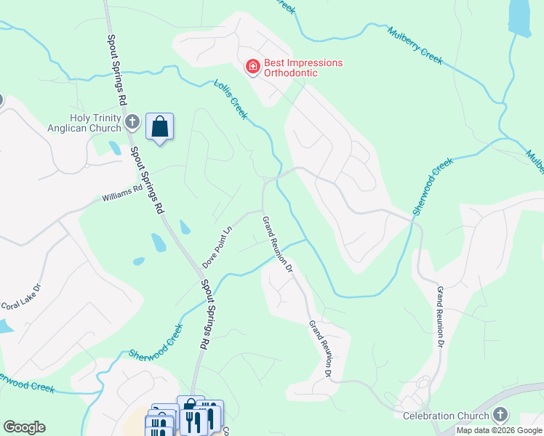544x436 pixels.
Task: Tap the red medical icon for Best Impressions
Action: point(252,68)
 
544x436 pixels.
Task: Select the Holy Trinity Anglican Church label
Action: point(95,123)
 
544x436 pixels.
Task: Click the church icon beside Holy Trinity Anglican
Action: point(132,121)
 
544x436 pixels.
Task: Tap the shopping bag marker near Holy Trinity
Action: point(159,127)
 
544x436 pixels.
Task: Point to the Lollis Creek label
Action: point(231,100)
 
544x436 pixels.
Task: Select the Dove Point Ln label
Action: point(217,247)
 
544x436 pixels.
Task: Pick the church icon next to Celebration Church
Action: point(500,415)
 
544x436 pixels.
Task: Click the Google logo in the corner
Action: point(24,427)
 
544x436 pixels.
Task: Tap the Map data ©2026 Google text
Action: point(500,430)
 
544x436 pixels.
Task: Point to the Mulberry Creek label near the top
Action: point(415,46)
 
